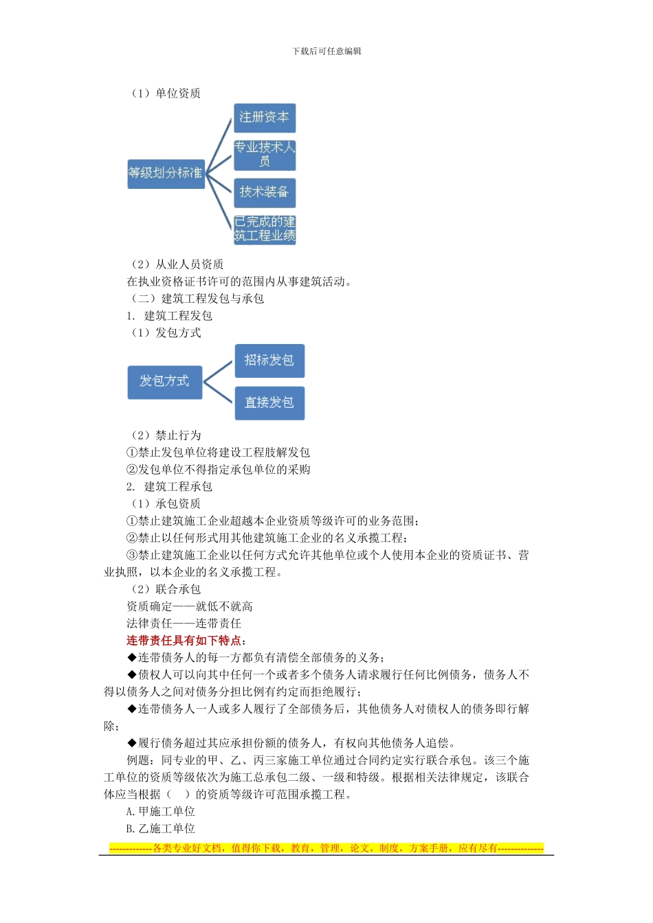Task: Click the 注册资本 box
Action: (265, 117)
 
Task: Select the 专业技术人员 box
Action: (265, 154)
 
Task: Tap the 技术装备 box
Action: (265, 192)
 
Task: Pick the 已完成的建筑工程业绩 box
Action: (265, 229)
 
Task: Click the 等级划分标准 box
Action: (166, 173)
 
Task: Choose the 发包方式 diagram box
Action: (165, 382)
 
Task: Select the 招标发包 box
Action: (269, 361)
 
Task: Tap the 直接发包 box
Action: (269, 402)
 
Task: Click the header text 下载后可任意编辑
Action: (326, 51)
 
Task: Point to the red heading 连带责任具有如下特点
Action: (184, 640)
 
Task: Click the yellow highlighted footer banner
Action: (326, 848)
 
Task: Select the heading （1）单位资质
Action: (166, 93)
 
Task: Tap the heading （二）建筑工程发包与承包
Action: (197, 299)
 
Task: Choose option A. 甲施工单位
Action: (161, 811)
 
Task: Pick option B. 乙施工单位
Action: (161, 828)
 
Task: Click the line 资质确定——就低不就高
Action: (190, 606)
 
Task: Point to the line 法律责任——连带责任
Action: (184, 624)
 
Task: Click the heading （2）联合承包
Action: (166, 589)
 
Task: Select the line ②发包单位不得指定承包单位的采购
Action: (219, 470)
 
